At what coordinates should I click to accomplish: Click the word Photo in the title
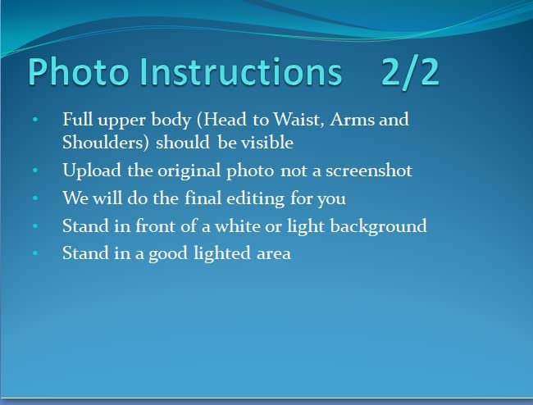[x=79, y=71]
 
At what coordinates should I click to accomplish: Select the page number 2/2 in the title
[x=410, y=72]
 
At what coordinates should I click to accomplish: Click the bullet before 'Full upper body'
[x=35, y=119]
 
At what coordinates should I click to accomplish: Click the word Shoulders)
[x=106, y=143]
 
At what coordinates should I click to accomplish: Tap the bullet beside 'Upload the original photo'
[x=35, y=171]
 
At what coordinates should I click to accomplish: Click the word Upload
[x=92, y=171]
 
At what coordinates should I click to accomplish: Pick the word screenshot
[x=369, y=171]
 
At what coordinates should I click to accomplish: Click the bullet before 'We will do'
[x=35, y=198]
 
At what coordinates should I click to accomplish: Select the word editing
[x=255, y=198]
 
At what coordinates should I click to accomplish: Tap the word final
[x=203, y=198]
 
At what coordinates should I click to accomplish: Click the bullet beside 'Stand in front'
[x=35, y=226]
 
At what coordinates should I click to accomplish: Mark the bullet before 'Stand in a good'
[x=35, y=253]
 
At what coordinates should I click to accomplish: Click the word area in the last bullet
[x=274, y=255]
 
